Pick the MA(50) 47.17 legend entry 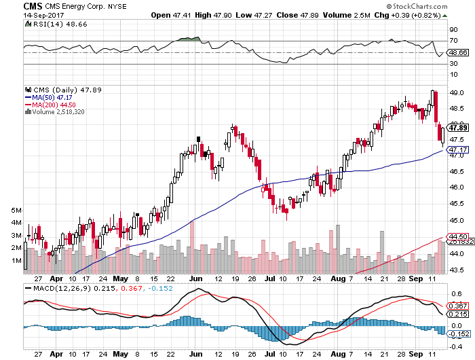point(52,97)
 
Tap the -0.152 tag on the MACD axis point(459,334)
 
